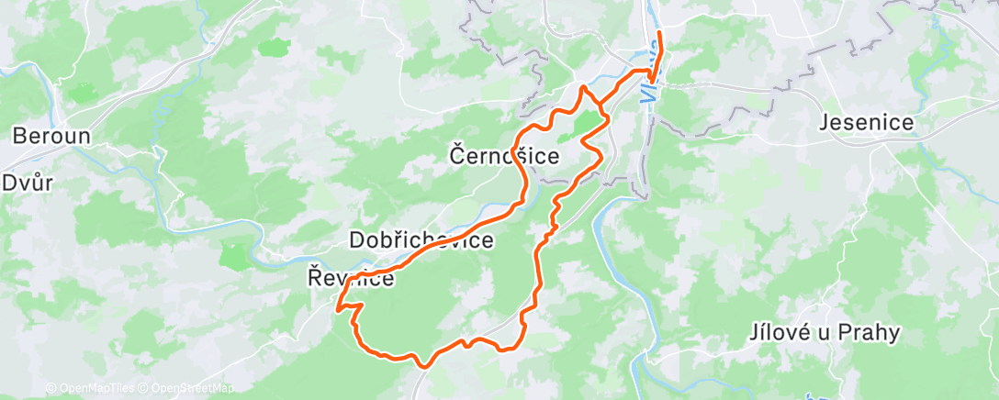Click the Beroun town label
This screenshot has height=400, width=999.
[x=51, y=136]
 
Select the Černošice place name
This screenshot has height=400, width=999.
[x=504, y=157]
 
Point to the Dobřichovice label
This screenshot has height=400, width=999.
[x=421, y=241]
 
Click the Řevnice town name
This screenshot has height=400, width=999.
[x=351, y=278]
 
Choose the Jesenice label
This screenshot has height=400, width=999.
[x=866, y=123]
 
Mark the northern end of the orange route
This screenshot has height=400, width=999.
[x=659, y=35]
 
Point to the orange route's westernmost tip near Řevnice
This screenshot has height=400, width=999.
[x=338, y=309]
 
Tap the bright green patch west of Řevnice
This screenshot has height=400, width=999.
[x=234, y=257]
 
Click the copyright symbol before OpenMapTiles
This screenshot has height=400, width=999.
[x=51, y=389]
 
